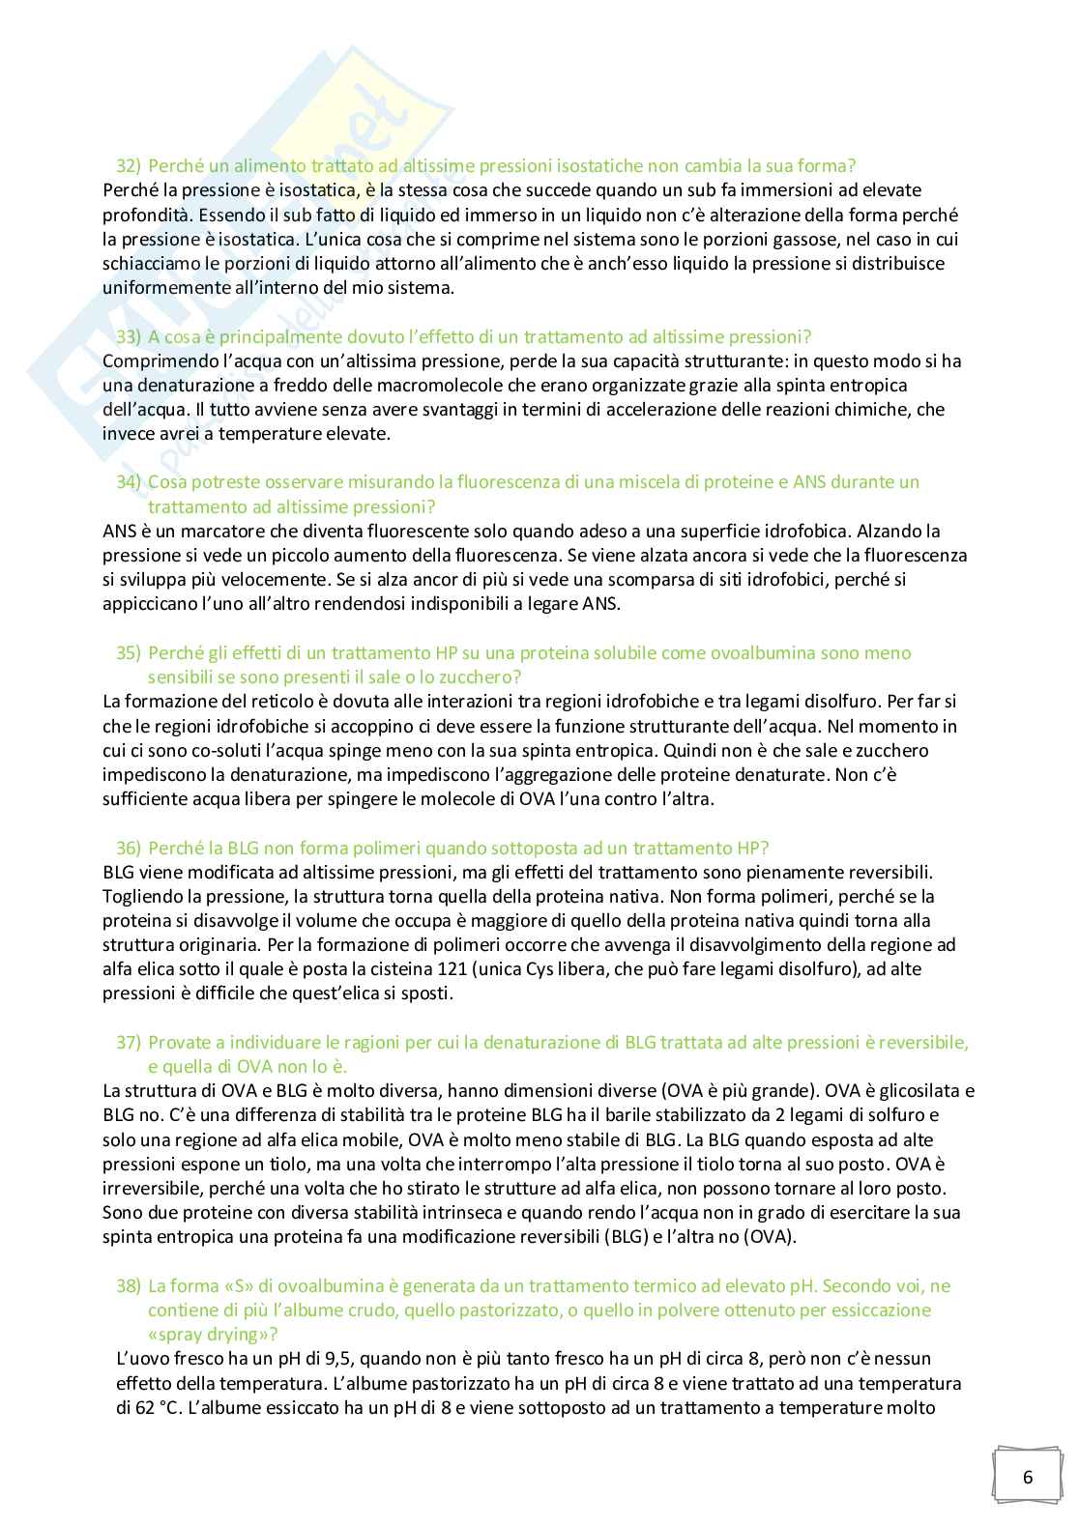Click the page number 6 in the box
pos(1027,1476)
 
